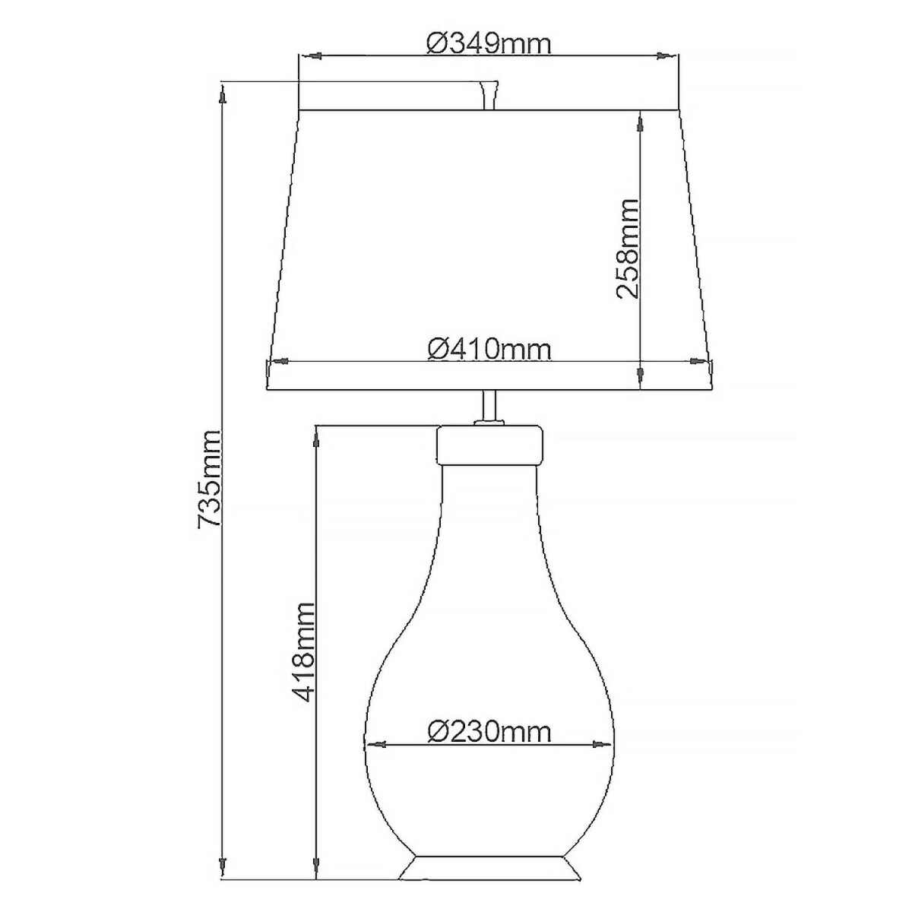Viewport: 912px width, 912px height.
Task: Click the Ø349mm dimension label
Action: click(x=489, y=45)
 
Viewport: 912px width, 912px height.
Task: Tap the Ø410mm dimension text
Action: click(x=489, y=350)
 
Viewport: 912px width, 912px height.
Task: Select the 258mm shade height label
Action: click(x=628, y=249)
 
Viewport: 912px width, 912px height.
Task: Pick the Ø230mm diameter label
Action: click(x=489, y=732)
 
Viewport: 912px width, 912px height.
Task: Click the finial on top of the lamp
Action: click(x=489, y=96)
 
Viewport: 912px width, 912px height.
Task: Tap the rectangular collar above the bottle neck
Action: click(x=489, y=445)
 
